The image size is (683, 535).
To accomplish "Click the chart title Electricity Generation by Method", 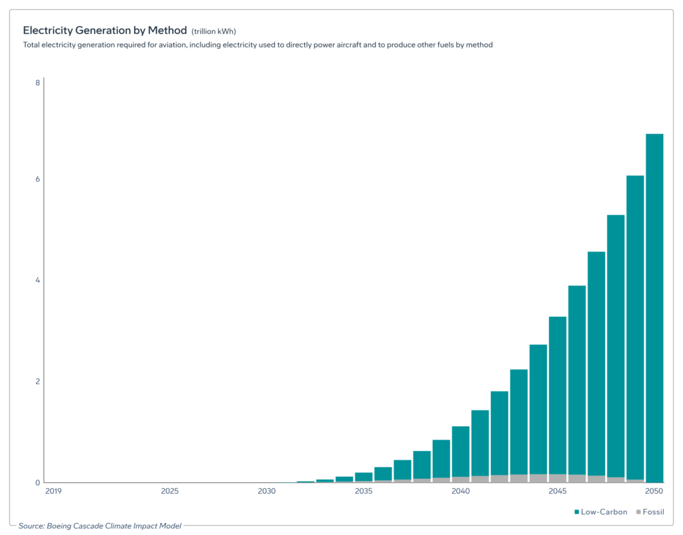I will [105, 31].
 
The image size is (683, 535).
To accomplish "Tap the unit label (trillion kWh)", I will [213, 31].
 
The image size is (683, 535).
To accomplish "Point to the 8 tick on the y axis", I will [37, 83].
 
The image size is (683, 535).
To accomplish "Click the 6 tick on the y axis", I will [37, 179].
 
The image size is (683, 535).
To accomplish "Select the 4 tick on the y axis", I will [37, 280].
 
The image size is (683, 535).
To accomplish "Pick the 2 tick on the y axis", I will [37, 382].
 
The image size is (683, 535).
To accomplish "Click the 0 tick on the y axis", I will [37, 482].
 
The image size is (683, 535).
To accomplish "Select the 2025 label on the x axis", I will [169, 492].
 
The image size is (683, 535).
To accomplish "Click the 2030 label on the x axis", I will [266, 492].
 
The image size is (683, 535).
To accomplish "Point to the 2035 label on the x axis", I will [364, 492].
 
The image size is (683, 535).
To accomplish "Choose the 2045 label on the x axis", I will [558, 492].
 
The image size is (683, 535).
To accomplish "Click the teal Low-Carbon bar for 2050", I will [654, 307].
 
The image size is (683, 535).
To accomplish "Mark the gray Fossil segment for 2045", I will [558, 478].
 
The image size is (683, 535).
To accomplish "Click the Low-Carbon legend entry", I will [600, 512].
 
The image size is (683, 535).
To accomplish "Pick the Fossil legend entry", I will [650, 512].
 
